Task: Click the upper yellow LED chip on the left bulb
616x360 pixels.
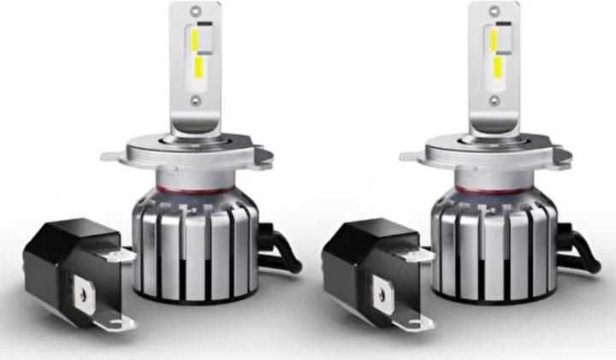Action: coord(195,38)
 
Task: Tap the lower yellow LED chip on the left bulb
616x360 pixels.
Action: coord(198,67)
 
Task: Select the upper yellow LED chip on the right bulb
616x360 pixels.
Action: coord(494,38)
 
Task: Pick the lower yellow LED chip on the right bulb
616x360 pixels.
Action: coord(496,67)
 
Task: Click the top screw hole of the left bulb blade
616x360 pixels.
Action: coord(196,11)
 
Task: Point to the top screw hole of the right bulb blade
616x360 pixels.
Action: coord(495,11)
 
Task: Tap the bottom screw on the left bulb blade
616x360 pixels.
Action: coord(196,100)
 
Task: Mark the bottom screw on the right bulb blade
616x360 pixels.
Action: coord(495,100)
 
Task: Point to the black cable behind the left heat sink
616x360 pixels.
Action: coord(282,252)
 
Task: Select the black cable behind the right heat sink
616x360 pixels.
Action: coord(582,252)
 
